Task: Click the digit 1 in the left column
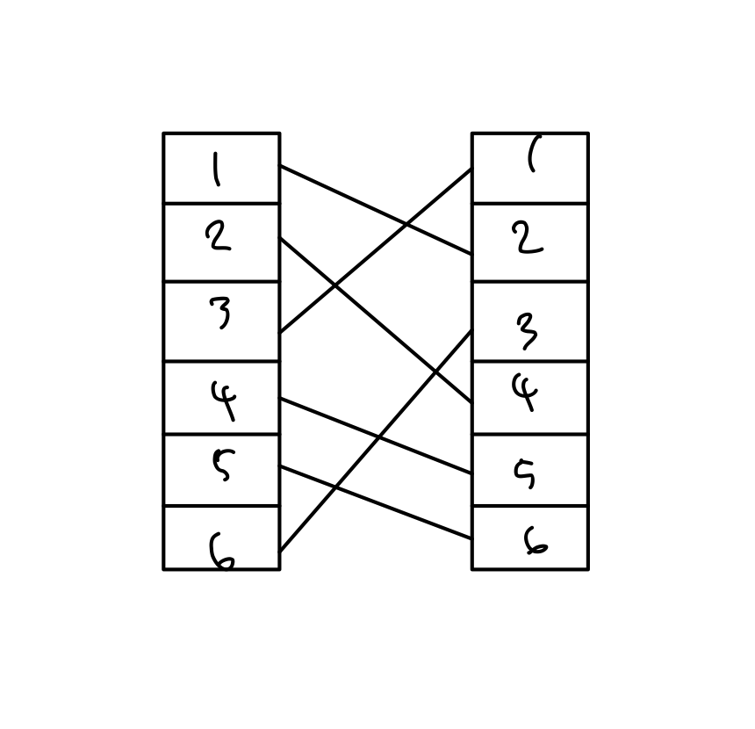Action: click(216, 170)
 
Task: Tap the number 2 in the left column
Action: click(218, 236)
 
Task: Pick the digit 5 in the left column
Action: click(223, 464)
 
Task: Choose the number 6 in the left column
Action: click(221, 552)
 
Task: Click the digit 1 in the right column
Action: click(531, 156)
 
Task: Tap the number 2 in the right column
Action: click(528, 237)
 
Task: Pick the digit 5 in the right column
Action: click(526, 473)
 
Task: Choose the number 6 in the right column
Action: click(535, 542)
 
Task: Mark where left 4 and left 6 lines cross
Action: click(378, 437)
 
